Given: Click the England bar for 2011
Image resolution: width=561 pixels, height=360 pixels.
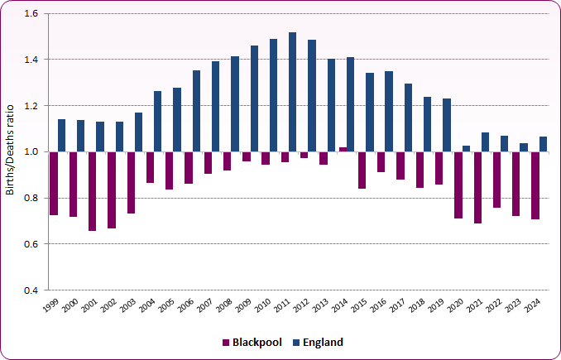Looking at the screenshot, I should tap(293, 92).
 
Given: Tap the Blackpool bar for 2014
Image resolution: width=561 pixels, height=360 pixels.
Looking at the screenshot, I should tap(343, 149).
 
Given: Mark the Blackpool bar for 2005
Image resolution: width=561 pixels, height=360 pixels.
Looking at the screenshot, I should tap(170, 170).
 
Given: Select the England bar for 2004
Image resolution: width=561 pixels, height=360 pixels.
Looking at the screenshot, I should tap(158, 122).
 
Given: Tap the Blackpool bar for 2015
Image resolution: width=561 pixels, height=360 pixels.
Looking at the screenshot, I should tap(362, 170).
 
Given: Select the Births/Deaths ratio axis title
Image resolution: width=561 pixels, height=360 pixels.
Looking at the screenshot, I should tap(10, 151).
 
